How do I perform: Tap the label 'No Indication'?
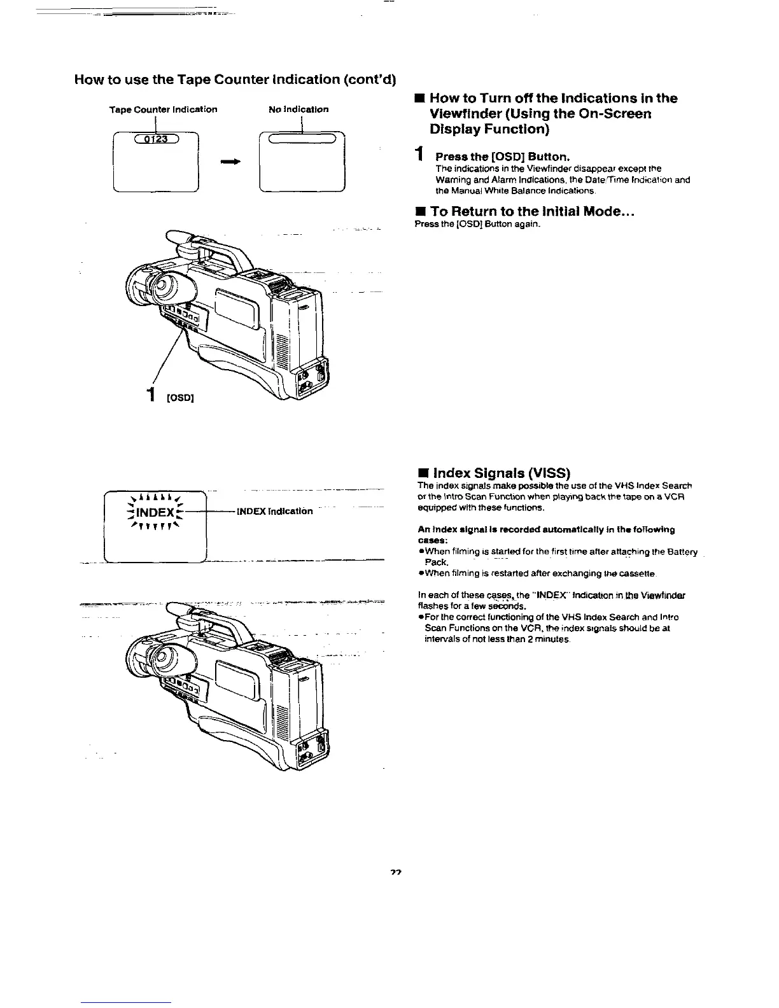[298, 109]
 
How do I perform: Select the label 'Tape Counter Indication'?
[163, 109]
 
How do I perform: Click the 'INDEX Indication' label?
[274, 511]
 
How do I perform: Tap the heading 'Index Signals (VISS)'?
[501, 473]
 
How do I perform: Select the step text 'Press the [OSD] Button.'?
[502, 157]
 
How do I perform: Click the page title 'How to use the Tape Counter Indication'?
[235, 80]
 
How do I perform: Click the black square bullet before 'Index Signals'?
[421, 473]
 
